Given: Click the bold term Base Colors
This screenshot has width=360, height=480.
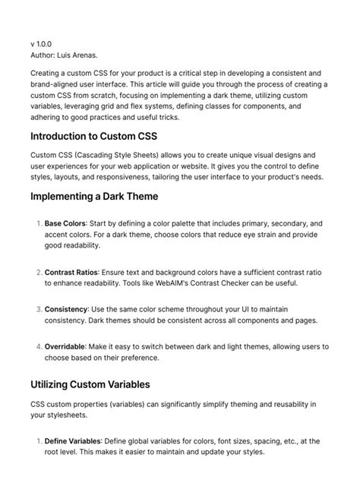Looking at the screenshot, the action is click(65, 224).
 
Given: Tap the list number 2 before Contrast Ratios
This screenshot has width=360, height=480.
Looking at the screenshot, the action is click(37, 272).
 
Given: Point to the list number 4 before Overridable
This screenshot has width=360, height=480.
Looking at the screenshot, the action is click(37, 346).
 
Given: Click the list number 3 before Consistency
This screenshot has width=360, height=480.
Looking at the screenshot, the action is click(37, 309).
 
